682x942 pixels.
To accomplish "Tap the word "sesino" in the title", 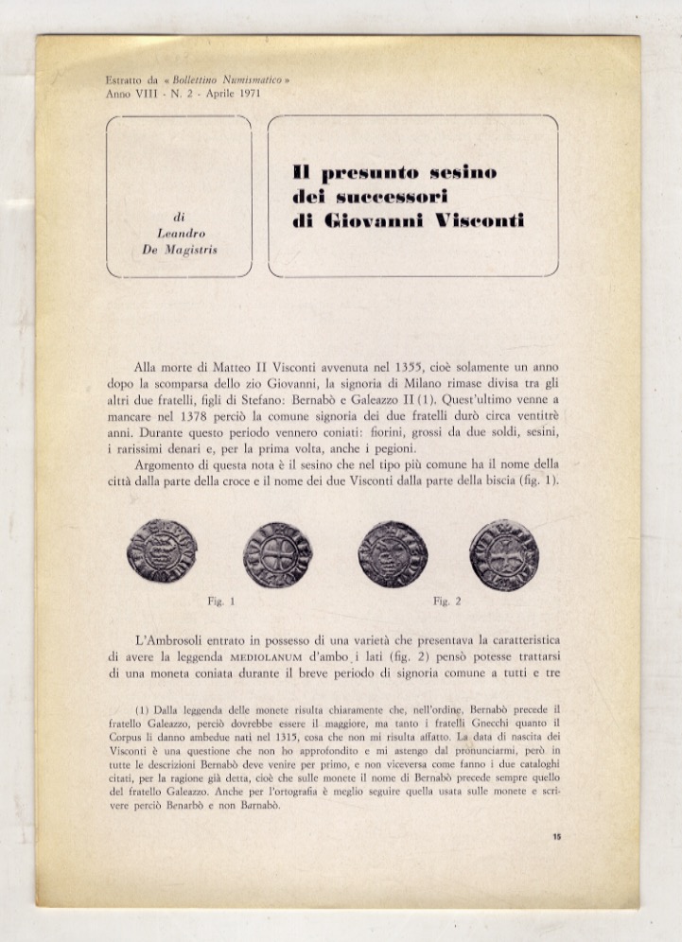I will click(463, 173).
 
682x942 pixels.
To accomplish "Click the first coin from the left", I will click(162, 550).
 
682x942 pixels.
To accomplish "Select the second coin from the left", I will click(276, 554).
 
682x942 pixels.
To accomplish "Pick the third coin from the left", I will click(392, 553).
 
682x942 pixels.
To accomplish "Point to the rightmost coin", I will click(503, 555).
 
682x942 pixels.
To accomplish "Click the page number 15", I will click(556, 836).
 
